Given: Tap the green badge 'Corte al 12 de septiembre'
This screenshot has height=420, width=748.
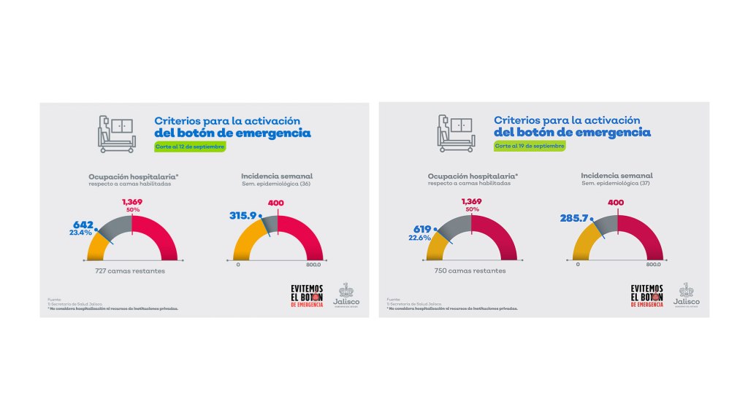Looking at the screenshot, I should (x=190, y=147).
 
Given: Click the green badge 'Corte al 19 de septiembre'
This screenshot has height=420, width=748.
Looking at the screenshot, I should (x=530, y=146).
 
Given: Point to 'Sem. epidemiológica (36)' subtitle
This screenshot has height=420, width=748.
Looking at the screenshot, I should (x=277, y=184).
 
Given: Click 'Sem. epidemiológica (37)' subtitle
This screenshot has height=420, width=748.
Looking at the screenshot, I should (x=617, y=184).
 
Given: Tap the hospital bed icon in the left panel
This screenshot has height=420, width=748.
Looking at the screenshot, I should (x=118, y=133).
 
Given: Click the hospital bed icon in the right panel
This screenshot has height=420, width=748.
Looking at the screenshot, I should (x=457, y=132).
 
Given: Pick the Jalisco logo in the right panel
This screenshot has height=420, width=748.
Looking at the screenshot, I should (x=686, y=295).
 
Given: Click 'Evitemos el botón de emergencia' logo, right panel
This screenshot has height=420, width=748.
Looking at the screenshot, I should (x=647, y=296).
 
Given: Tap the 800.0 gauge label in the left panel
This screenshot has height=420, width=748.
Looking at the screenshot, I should (x=313, y=265).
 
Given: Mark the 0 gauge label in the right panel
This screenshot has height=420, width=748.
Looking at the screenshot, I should (x=578, y=264).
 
